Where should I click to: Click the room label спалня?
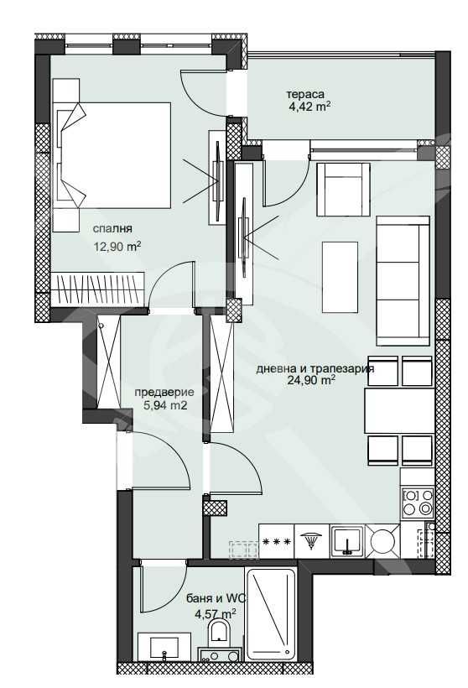point(113,227)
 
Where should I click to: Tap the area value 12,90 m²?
point(117,247)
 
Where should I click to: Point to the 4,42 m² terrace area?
point(309,107)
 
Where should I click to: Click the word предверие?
point(164,392)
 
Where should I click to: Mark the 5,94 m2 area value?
point(164,405)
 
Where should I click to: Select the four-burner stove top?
point(417,503)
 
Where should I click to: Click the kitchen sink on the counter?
point(347,541)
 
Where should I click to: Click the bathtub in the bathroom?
point(271,612)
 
